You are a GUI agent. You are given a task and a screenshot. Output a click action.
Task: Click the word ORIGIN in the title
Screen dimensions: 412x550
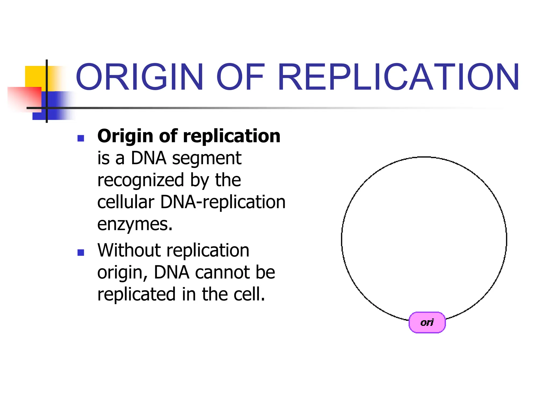(x=140, y=77)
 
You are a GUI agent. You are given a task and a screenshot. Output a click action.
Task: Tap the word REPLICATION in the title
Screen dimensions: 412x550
(x=399, y=77)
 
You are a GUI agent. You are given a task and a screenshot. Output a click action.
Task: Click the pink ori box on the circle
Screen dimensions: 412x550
(x=427, y=322)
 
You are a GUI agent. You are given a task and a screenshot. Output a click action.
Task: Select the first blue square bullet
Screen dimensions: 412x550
(x=81, y=138)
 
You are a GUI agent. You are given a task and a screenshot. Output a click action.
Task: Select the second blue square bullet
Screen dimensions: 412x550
(x=81, y=253)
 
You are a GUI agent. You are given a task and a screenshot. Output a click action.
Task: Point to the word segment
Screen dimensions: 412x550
(x=207, y=158)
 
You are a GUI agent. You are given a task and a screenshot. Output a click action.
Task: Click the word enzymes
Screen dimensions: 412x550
(x=134, y=224)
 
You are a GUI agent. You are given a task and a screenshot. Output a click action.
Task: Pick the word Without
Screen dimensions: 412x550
(x=129, y=250)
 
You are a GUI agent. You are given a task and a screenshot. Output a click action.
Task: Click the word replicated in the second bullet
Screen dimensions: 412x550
(x=136, y=294)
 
